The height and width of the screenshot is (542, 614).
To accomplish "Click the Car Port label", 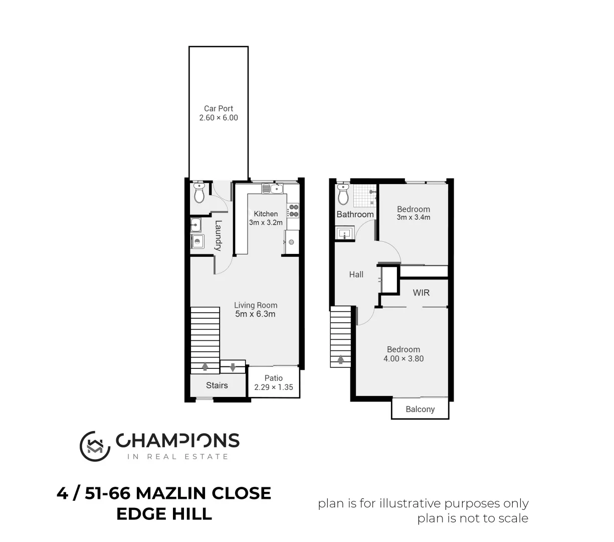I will click(x=219, y=108).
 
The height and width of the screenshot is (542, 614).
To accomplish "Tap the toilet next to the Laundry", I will click(x=199, y=193).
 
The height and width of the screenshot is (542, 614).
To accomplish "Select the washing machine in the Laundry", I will click(x=197, y=242).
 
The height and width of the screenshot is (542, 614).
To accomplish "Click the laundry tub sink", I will click(x=195, y=224).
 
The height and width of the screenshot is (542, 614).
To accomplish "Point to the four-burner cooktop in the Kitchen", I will click(x=293, y=211).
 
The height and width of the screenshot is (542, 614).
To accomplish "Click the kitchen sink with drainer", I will click(x=272, y=188).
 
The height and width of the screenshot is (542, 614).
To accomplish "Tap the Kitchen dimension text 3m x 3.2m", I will click(x=266, y=222).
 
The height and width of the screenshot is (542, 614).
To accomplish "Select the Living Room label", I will click(x=256, y=305).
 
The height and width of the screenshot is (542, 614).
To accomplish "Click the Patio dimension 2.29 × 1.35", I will click(x=274, y=387).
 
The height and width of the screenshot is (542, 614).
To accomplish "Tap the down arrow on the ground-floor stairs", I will click(x=233, y=367).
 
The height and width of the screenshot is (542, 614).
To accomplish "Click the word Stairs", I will click(x=217, y=385).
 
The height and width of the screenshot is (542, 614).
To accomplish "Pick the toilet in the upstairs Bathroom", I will click(x=343, y=194).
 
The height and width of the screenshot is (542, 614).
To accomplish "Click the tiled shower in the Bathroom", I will click(x=364, y=196).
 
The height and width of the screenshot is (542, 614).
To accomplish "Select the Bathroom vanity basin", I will click(x=345, y=233).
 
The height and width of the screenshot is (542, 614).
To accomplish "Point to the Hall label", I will click(x=356, y=275).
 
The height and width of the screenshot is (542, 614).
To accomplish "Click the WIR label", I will click(x=421, y=293).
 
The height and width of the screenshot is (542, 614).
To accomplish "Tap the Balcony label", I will click(x=420, y=409).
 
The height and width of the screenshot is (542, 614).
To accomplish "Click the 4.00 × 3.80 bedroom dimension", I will click(x=403, y=358).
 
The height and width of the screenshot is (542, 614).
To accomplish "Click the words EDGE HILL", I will click(x=164, y=514).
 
